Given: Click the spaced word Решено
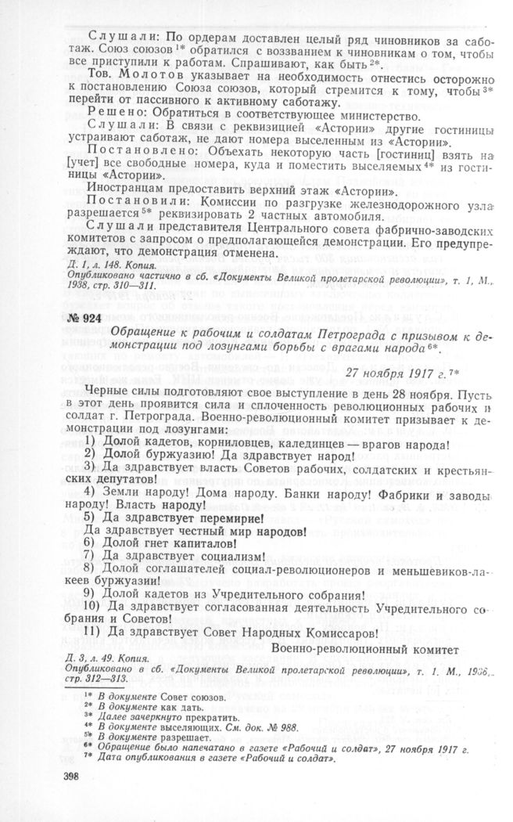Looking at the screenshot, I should [118, 117].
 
